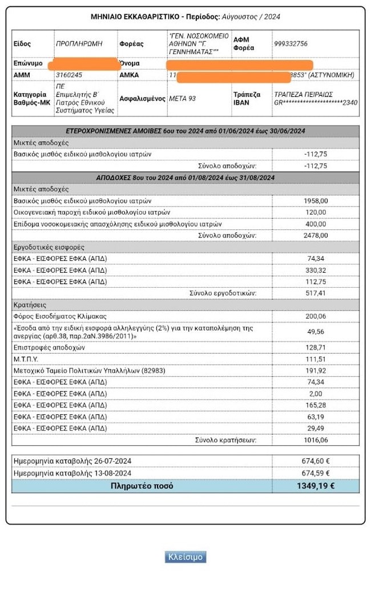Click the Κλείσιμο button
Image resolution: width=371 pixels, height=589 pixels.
(185, 557)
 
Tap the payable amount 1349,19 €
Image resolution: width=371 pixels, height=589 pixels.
(316, 486)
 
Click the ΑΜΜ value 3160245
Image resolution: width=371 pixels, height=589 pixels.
(69, 75)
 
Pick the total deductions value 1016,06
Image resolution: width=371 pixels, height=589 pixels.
(316, 439)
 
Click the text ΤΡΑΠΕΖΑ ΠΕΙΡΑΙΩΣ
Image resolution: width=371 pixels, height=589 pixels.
(303, 95)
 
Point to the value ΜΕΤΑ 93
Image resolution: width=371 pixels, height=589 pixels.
(182, 98)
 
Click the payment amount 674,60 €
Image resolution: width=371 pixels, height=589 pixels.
(316, 461)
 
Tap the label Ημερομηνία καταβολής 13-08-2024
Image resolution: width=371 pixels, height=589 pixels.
(72, 473)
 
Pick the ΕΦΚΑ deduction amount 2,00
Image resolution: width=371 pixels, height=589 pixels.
(316, 394)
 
